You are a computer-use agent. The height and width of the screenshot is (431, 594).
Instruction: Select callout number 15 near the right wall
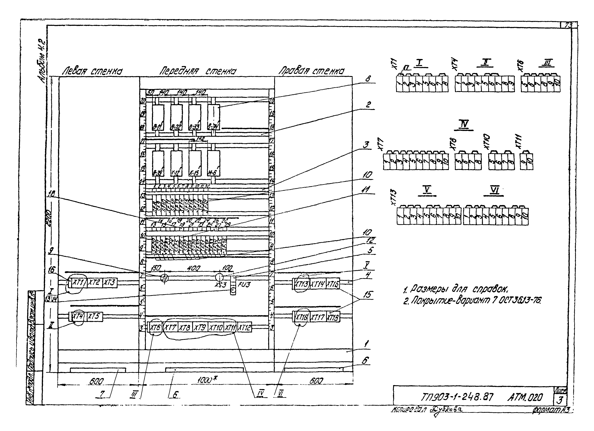click(x=368, y=295)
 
